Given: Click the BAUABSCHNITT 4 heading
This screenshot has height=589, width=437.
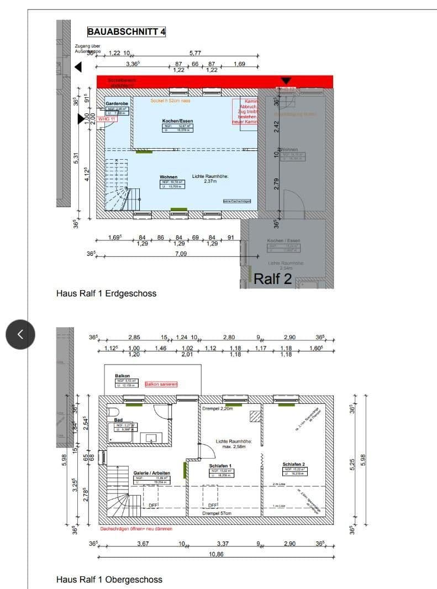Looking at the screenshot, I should coord(127,31).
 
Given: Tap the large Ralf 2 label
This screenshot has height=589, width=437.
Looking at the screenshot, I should coord(272,278).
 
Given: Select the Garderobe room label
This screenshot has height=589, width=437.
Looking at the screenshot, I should coord(117,103).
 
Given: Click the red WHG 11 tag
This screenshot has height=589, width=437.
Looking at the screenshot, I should coord(106,119).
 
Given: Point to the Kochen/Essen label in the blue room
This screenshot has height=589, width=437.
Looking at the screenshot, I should coord(177,120).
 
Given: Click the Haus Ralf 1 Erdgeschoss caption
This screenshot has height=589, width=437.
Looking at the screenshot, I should coord(106,293).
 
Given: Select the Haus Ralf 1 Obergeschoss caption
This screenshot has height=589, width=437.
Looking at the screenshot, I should coord(109,580).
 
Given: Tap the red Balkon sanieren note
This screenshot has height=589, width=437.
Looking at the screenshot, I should coord(161,383).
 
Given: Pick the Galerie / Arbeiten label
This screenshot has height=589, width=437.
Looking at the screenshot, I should coord(151,473).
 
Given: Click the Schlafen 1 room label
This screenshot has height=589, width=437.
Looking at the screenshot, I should coord(220,466).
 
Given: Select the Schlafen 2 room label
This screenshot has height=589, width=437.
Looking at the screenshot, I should coord(294,464).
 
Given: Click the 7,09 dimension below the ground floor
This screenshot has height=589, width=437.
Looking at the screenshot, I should coord(180,254).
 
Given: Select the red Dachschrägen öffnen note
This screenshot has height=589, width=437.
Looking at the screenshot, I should coord(136,529).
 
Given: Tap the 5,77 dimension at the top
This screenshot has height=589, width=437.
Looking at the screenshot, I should coord(195,53).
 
